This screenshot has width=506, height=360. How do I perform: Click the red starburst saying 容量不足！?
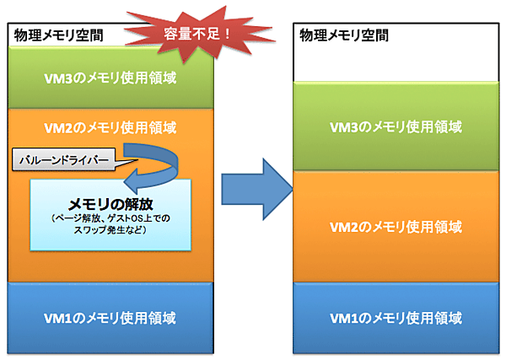[191, 32]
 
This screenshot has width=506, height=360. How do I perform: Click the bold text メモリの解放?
[109, 203]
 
